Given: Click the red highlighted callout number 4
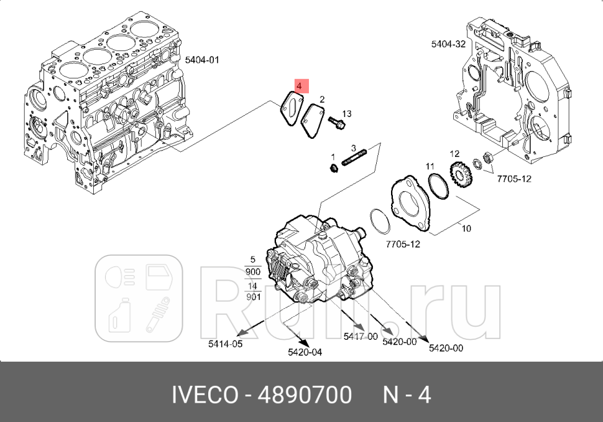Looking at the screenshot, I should point(300,85).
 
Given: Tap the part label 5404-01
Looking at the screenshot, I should point(202,60).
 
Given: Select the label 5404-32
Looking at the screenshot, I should point(448,44).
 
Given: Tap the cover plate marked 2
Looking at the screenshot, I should point(311,121).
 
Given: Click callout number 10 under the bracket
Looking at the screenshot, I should point(466,228).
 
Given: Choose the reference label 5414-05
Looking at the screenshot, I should point(225,343).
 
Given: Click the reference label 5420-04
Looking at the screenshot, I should point(305,352).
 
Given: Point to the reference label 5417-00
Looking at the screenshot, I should point(361,336).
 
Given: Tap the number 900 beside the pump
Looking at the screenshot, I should point(252,273).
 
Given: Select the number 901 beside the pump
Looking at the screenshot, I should point(252,297).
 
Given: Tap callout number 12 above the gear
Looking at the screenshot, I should point(454,154).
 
